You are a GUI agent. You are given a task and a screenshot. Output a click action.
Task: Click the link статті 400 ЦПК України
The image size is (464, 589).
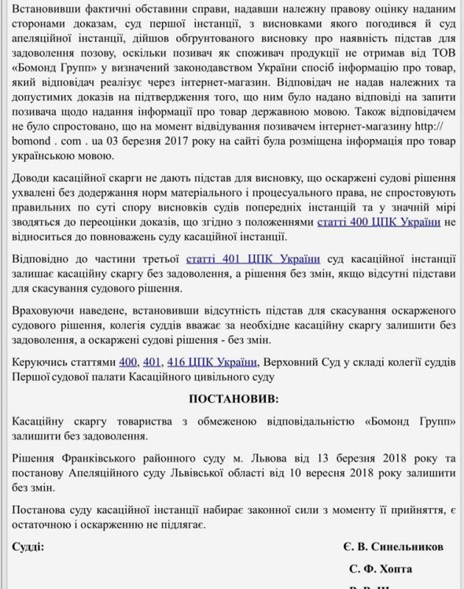click(x=380, y=223)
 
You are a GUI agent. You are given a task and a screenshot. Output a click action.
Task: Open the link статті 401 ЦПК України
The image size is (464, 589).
click(x=254, y=257)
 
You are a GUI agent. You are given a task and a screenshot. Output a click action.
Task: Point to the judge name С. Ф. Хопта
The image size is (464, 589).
click(x=381, y=568)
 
